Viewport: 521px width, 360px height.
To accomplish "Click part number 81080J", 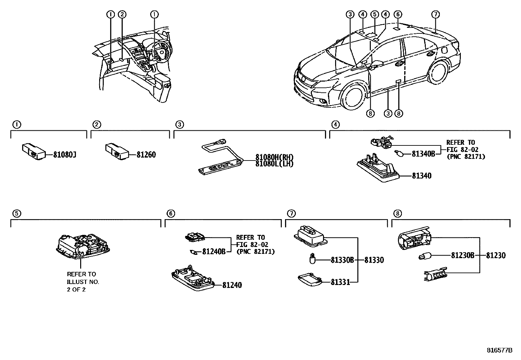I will [65, 155].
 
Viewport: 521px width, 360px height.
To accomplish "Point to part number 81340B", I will [423, 153].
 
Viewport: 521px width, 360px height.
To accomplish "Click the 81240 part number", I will [232, 285].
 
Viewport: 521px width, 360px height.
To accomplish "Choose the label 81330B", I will [342, 260].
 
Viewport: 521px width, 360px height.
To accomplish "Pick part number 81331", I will [340, 282].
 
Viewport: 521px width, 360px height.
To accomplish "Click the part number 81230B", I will [462, 256].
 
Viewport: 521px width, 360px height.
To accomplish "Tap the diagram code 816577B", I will [499, 350].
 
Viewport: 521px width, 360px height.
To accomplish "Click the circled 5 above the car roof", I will [375, 14].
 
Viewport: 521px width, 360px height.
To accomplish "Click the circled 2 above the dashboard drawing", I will [122, 14].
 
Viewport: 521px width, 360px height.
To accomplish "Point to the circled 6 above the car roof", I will [397, 14].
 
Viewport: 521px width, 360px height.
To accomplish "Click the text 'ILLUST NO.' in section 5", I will [83, 282].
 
